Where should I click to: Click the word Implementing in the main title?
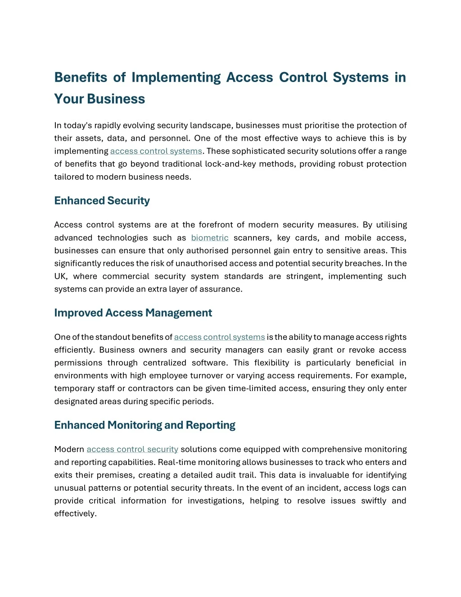(x=176, y=77)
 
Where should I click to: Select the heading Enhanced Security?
(x=102, y=201)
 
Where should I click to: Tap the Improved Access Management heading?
(x=133, y=313)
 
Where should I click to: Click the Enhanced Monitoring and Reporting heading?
(x=145, y=425)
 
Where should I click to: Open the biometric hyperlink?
(x=210, y=238)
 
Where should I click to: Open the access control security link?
(x=132, y=449)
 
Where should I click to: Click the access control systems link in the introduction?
(x=156, y=151)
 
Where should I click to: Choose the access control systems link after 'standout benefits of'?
(x=219, y=337)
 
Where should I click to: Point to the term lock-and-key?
(x=224, y=164)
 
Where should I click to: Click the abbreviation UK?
(x=60, y=276)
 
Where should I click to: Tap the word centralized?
(x=164, y=363)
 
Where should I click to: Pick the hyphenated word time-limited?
(x=252, y=388)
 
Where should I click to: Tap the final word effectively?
(x=75, y=514)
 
